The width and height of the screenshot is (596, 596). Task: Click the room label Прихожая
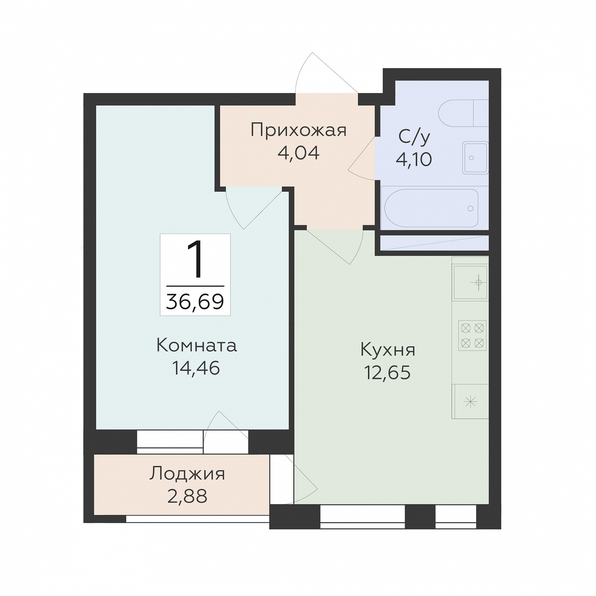pyautogui.click(x=298, y=131)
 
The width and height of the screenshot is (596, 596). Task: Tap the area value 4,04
pyautogui.click(x=298, y=153)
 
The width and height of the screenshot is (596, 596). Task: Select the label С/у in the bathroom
pyautogui.click(x=414, y=137)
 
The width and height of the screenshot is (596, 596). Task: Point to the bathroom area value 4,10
pyautogui.click(x=414, y=159)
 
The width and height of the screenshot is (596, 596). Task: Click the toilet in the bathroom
pyautogui.click(x=464, y=113)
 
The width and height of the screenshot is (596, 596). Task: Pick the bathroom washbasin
pyautogui.click(x=476, y=158)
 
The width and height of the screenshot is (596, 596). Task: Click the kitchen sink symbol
pyautogui.click(x=471, y=282)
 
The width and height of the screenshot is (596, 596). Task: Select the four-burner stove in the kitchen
pyautogui.click(x=472, y=336)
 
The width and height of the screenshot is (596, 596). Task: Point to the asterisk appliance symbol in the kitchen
pyautogui.click(x=471, y=402)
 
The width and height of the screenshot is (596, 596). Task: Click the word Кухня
pyautogui.click(x=388, y=350)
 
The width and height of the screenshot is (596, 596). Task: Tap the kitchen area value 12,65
pyautogui.click(x=387, y=372)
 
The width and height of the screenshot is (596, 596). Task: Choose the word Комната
pyautogui.click(x=196, y=345)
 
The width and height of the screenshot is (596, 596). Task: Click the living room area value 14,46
pyautogui.click(x=196, y=368)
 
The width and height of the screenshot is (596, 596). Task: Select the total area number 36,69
pyautogui.click(x=195, y=302)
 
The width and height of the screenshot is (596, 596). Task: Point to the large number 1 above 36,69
pyautogui.click(x=195, y=260)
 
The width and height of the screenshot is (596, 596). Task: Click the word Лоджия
pyautogui.click(x=187, y=474)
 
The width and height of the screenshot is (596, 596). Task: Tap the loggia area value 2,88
pyautogui.click(x=187, y=496)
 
